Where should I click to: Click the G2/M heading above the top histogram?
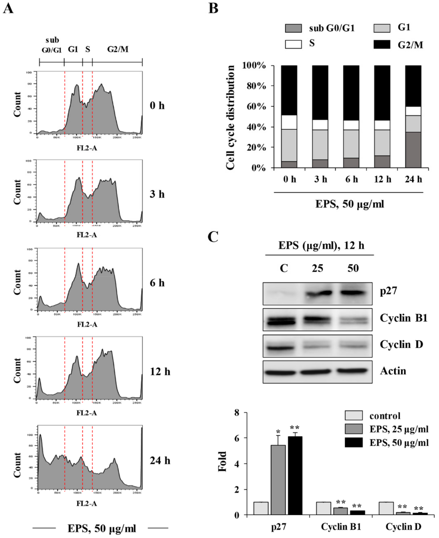point(118,49)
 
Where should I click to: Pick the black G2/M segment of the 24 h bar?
point(413,86)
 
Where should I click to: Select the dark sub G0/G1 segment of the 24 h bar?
point(413,150)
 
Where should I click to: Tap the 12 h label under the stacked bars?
point(382,179)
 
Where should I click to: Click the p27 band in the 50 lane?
point(353,293)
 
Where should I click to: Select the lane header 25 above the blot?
point(317,268)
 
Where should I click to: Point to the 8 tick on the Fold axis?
point(237,413)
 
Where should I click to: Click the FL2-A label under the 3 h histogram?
point(87,235)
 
